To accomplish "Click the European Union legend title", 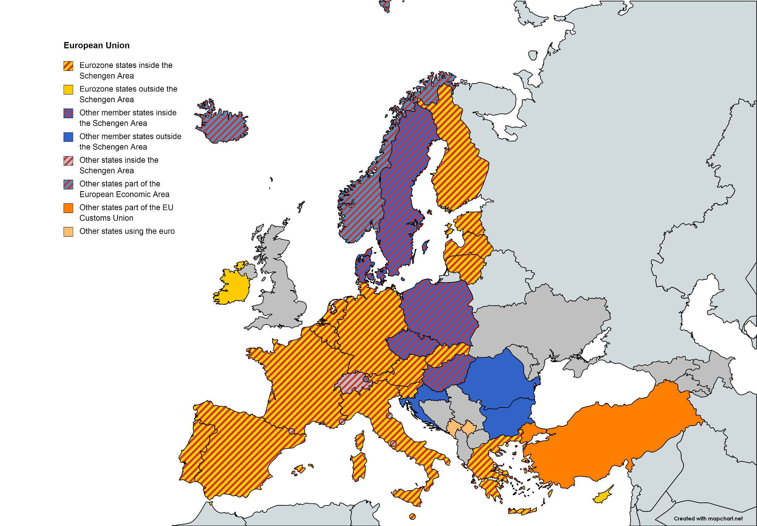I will [96, 45].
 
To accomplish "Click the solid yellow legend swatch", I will [68, 90].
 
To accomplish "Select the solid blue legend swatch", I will [68, 137].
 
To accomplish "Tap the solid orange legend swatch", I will [68, 208].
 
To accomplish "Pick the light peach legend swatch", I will [68, 232].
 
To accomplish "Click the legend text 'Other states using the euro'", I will [127, 231].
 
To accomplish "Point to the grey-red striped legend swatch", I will [68, 161].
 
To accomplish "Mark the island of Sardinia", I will [359, 467].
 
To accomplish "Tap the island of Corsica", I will [360, 441].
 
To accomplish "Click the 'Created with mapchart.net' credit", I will [708, 519].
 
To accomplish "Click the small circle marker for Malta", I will [413, 516].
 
